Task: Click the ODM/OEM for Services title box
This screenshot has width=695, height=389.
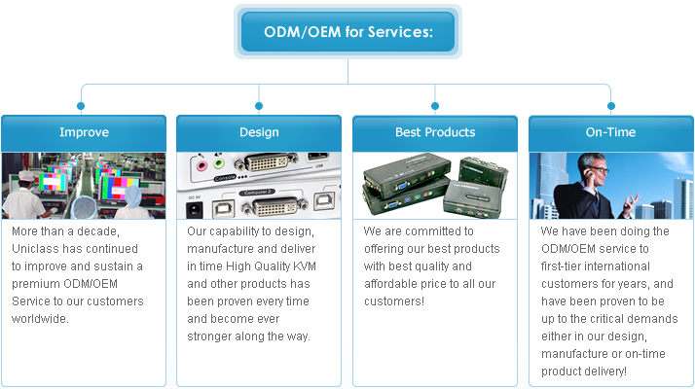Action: point(347,31)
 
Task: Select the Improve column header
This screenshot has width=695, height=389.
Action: point(84,132)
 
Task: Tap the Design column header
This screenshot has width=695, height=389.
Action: point(259,132)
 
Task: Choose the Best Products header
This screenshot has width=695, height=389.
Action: point(435,132)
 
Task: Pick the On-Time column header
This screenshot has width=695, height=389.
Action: point(610,132)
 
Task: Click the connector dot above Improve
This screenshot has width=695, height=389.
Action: point(82,105)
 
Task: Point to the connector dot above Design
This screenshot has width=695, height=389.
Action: point(259,105)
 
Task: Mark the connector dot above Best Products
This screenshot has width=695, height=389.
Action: point(435,105)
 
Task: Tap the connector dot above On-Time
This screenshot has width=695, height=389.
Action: point(611,105)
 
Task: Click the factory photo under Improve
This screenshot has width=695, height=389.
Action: point(84,185)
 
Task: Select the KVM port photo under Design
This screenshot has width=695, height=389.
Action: point(259,185)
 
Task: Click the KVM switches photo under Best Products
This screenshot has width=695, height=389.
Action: point(435,185)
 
